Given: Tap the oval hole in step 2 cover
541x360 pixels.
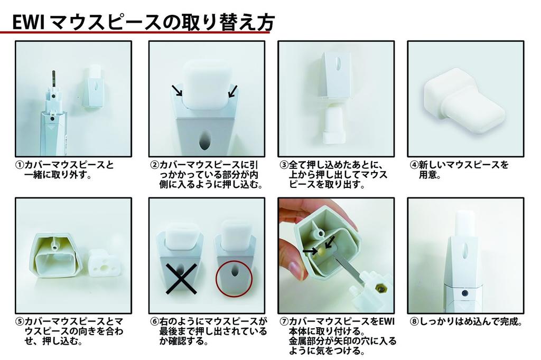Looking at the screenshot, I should [204, 141].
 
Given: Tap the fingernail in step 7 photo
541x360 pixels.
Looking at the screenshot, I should [296, 271].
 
